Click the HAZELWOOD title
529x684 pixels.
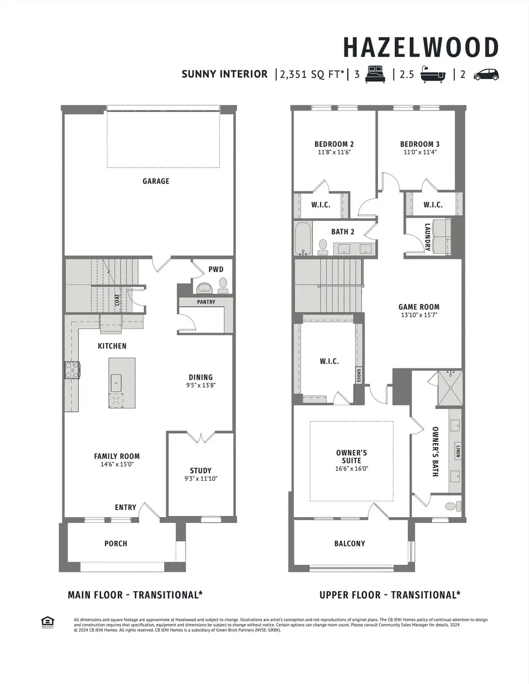coord(420,46)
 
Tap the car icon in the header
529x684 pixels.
coord(486,75)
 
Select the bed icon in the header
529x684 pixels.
coord(374,75)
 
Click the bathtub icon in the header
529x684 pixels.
coord(434,75)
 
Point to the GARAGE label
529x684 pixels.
coord(156,181)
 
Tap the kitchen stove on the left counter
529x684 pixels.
coord(72,370)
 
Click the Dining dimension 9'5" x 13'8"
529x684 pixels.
coord(200,386)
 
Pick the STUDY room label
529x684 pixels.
coord(200,471)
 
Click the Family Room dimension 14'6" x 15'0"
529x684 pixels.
coord(116,464)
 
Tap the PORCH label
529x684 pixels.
coord(116,544)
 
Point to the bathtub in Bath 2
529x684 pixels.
coord(303,239)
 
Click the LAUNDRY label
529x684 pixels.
coord(427,237)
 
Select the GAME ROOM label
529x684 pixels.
coord(418,307)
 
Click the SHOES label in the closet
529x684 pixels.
coord(358,375)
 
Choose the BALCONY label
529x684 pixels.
coord(350,544)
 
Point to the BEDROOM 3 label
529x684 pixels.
coord(420,144)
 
